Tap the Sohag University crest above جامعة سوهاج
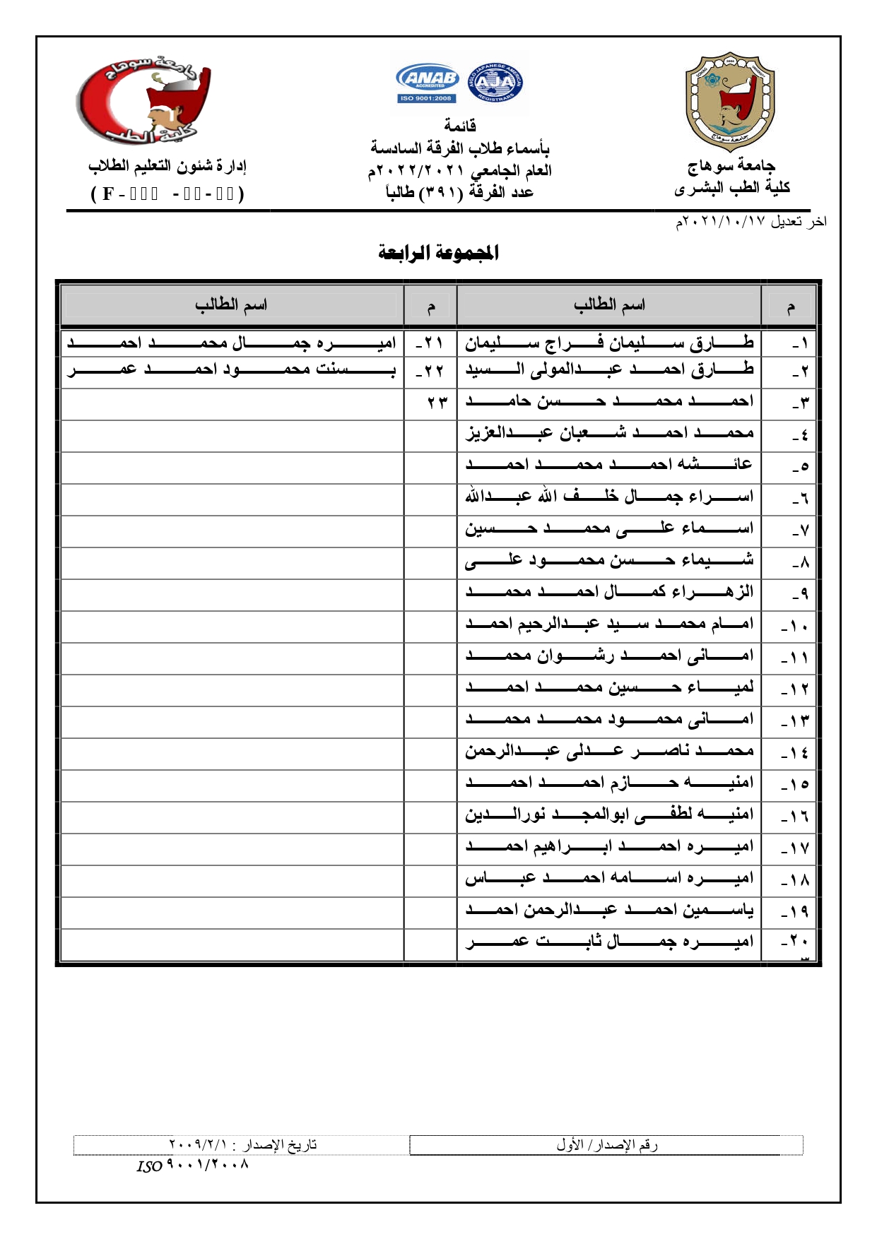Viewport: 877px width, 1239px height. click(x=730, y=102)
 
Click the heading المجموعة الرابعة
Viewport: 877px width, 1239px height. click(x=438, y=252)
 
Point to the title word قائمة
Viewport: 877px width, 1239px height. click(x=459, y=126)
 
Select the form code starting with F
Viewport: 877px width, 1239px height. click(x=167, y=194)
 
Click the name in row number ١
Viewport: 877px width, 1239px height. click(x=609, y=343)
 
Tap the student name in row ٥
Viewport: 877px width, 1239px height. click(x=609, y=464)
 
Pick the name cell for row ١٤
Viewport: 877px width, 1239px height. click(x=609, y=750)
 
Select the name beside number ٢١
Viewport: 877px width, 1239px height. click(x=232, y=343)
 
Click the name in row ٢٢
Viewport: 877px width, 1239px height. click(x=232, y=369)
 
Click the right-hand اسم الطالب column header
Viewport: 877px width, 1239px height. click(x=609, y=305)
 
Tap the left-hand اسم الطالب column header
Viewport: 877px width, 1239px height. click(x=231, y=305)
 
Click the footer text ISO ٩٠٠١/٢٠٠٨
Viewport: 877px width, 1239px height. click(x=192, y=1165)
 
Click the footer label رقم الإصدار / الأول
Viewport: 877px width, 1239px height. click(x=606, y=1144)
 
